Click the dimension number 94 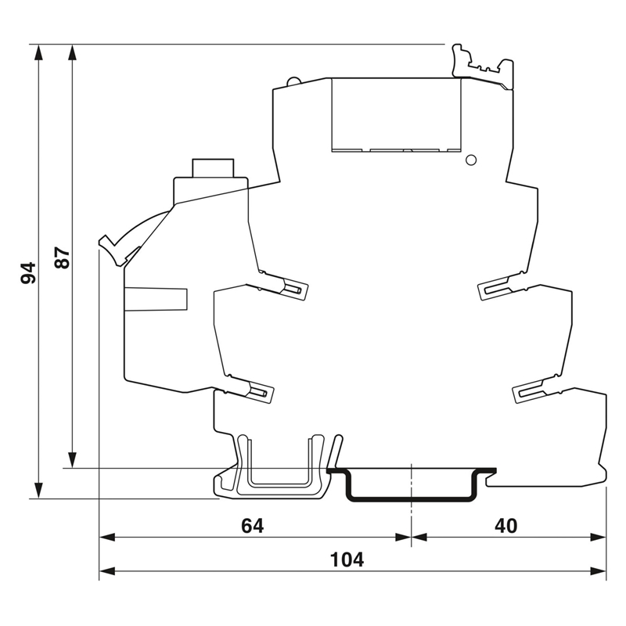click(x=28, y=272)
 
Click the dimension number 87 click(x=62, y=258)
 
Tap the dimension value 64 click(x=252, y=526)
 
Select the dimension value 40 click(x=505, y=526)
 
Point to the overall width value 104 click(x=347, y=559)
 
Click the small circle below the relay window click(x=471, y=160)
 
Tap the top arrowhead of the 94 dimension click(x=38, y=52)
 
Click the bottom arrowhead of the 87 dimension click(x=72, y=459)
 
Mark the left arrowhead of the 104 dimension click(x=107, y=571)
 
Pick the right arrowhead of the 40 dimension click(x=599, y=538)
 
